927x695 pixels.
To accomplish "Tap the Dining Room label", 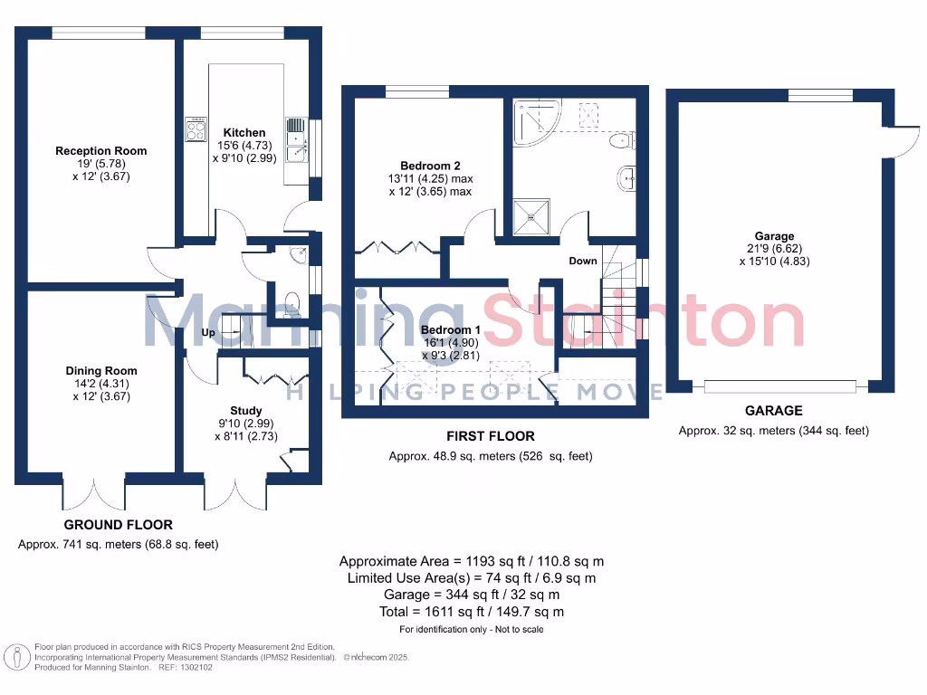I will [x=100, y=371].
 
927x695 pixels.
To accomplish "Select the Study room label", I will [x=245, y=410].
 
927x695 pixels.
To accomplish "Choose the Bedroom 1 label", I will [x=447, y=330].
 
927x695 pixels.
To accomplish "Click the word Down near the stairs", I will [x=583, y=261].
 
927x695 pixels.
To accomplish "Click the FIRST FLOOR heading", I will [x=490, y=436].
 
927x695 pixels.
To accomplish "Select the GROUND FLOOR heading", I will [x=118, y=525].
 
